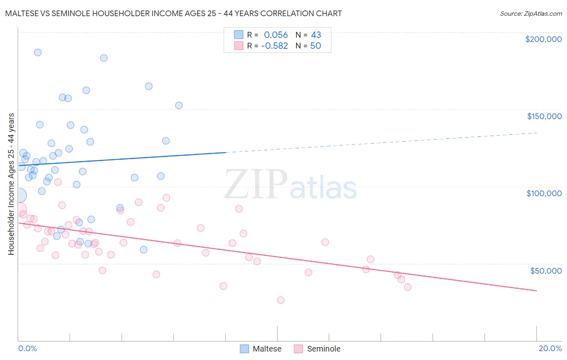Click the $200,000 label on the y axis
click(x=543, y=39)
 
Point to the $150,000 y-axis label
click(x=544, y=116)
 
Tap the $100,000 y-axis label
click(x=544, y=193)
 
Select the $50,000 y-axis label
click(x=546, y=270)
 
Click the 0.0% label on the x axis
click(x=27, y=348)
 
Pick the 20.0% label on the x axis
click(x=550, y=348)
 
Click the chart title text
click(x=173, y=13)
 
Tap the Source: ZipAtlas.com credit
click(x=531, y=13)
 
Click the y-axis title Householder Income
click(x=11, y=184)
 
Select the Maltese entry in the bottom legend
click(x=261, y=349)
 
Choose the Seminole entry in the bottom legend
click(x=317, y=349)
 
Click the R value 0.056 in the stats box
click(x=276, y=35)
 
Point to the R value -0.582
click(x=274, y=46)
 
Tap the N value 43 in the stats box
click(x=316, y=35)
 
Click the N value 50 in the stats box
click(x=315, y=46)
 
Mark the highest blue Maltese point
click(x=38, y=52)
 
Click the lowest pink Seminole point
click(x=281, y=300)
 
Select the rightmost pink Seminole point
click(x=408, y=287)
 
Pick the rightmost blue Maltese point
click(x=179, y=105)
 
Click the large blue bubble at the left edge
click(x=19, y=196)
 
